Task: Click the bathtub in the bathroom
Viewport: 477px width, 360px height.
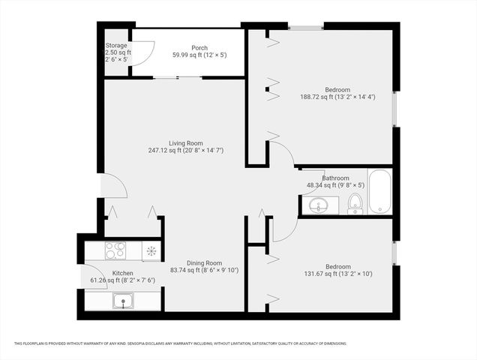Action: point(379,192)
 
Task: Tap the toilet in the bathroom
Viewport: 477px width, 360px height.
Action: point(355,202)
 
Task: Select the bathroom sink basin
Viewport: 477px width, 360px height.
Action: point(320,204)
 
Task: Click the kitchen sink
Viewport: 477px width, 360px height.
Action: point(121,301)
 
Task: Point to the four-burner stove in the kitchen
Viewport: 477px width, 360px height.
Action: point(114,250)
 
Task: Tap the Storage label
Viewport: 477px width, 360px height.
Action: point(116,45)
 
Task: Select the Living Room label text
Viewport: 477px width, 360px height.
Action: point(185,142)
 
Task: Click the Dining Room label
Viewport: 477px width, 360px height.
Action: point(205,262)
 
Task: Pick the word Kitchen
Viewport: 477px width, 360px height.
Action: point(122,273)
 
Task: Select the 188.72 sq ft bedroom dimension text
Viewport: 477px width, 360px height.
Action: point(337,97)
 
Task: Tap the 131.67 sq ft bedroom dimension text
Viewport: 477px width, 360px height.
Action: point(337,274)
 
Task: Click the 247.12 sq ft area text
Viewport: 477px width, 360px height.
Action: point(185,150)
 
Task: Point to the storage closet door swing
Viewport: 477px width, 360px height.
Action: point(144,52)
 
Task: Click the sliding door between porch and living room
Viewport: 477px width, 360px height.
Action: point(178,77)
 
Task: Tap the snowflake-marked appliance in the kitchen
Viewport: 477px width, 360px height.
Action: point(151,250)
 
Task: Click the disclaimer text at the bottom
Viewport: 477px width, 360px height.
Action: point(180,343)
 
